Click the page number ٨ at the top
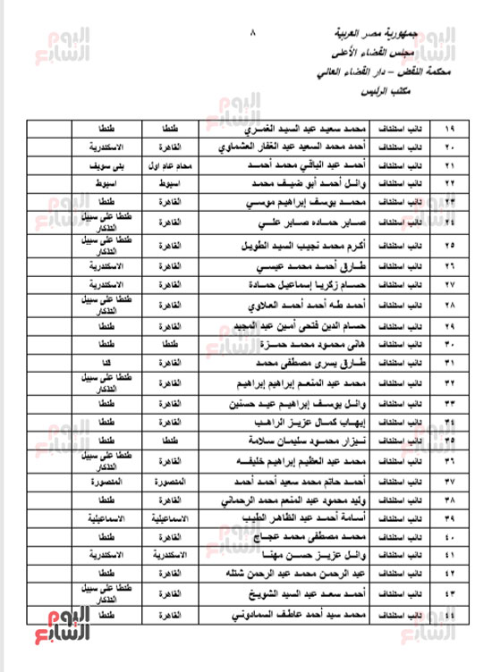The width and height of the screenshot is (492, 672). (x=253, y=35)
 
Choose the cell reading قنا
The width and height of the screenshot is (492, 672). (x=106, y=361)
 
